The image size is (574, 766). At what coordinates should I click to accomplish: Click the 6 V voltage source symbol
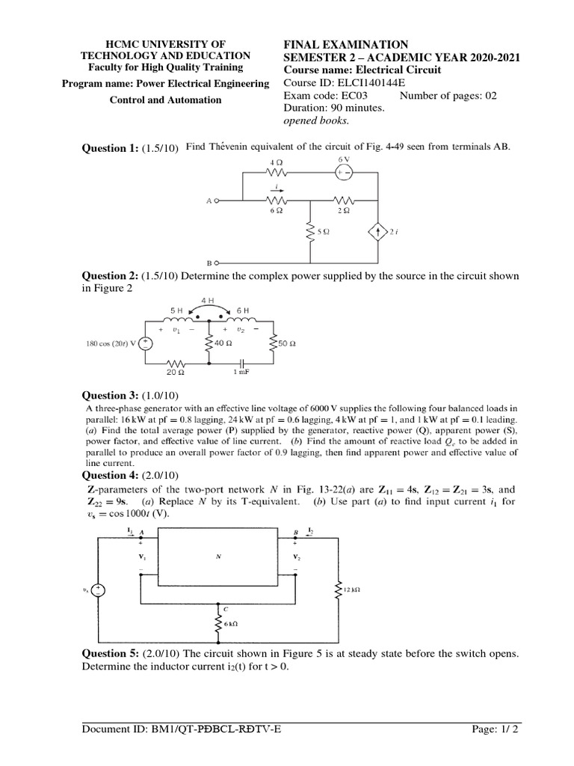342,171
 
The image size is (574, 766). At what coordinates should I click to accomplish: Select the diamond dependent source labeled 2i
378,232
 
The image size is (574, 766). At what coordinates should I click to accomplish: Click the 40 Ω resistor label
222,343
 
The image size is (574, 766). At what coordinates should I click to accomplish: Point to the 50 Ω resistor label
287,344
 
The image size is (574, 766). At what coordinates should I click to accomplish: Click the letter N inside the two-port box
219,557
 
